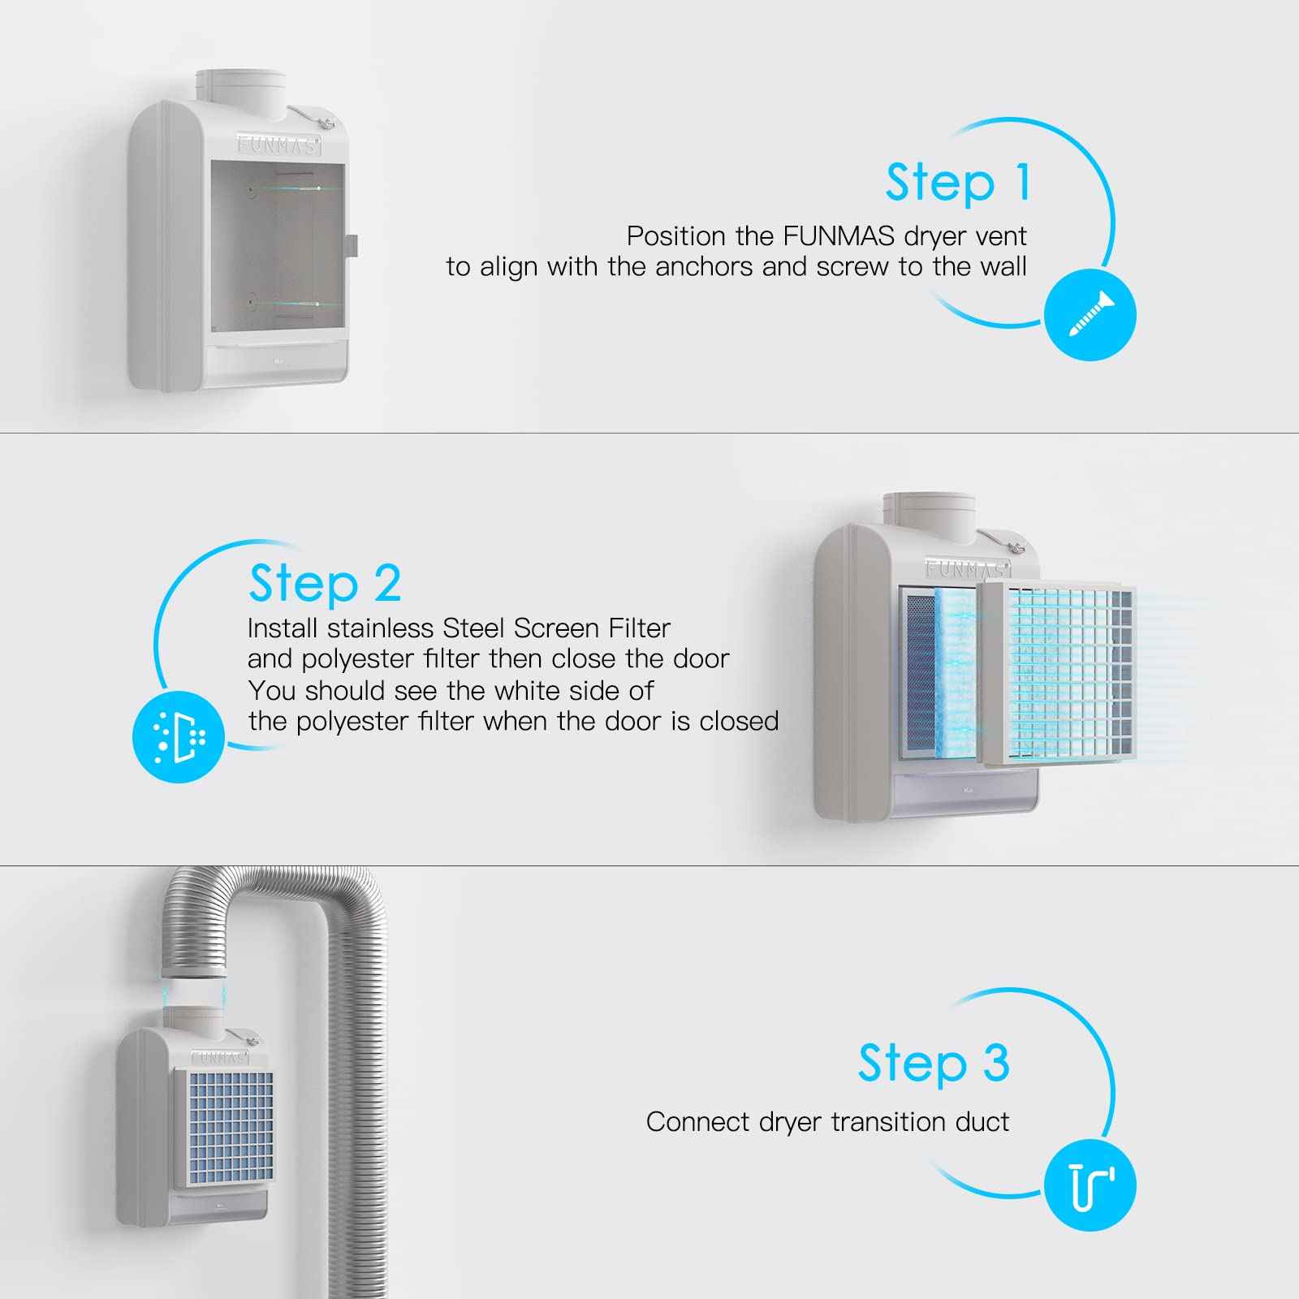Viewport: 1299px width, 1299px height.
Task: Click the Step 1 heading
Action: coord(958,182)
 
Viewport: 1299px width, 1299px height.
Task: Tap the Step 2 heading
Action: coord(325,583)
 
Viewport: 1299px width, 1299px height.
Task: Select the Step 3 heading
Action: coord(934,1063)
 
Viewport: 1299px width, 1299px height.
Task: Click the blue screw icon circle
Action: coord(1090,315)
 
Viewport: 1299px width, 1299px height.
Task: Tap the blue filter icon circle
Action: coord(179,736)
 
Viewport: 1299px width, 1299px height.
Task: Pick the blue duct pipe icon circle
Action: coord(1090,1185)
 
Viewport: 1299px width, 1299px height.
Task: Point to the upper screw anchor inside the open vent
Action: coord(251,190)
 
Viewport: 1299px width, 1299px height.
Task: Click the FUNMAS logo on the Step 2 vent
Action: coord(966,568)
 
